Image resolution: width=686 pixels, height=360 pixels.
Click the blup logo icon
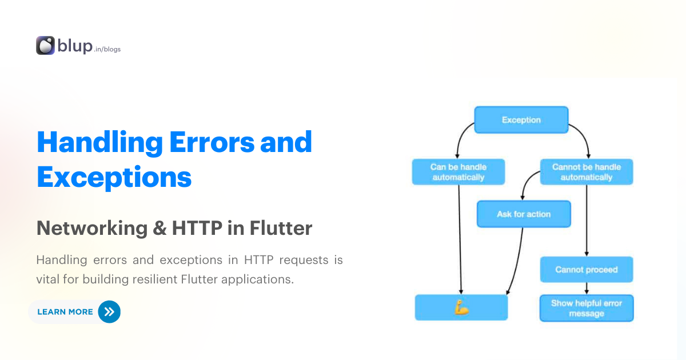tap(45, 46)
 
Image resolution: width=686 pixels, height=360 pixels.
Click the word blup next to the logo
tap(75, 46)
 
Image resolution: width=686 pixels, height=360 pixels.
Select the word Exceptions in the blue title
tap(114, 178)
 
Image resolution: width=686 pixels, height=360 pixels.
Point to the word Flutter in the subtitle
tap(281, 229)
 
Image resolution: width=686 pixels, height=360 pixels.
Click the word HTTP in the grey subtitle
tap(196, 229)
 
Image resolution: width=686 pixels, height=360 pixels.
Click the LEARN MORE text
tap(65, 312)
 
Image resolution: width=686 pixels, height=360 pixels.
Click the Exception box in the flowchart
tap(521, 120)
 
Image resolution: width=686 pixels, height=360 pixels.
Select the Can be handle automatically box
tap(458, 172)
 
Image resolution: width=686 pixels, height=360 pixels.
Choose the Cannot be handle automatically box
tap(587, 172)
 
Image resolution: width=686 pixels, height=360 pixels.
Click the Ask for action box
tap(524, 214)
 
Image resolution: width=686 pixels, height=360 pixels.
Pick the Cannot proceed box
tap(587, 270)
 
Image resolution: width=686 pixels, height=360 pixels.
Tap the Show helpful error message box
tap(587, 309)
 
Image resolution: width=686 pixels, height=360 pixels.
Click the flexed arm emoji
tap(461, 308)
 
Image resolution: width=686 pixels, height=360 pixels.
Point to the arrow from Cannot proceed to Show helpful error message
tap(587, 288)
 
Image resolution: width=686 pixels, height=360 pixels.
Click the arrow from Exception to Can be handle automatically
tap(460, 139)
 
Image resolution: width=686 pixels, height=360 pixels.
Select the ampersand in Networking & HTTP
tap(159, 229)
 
